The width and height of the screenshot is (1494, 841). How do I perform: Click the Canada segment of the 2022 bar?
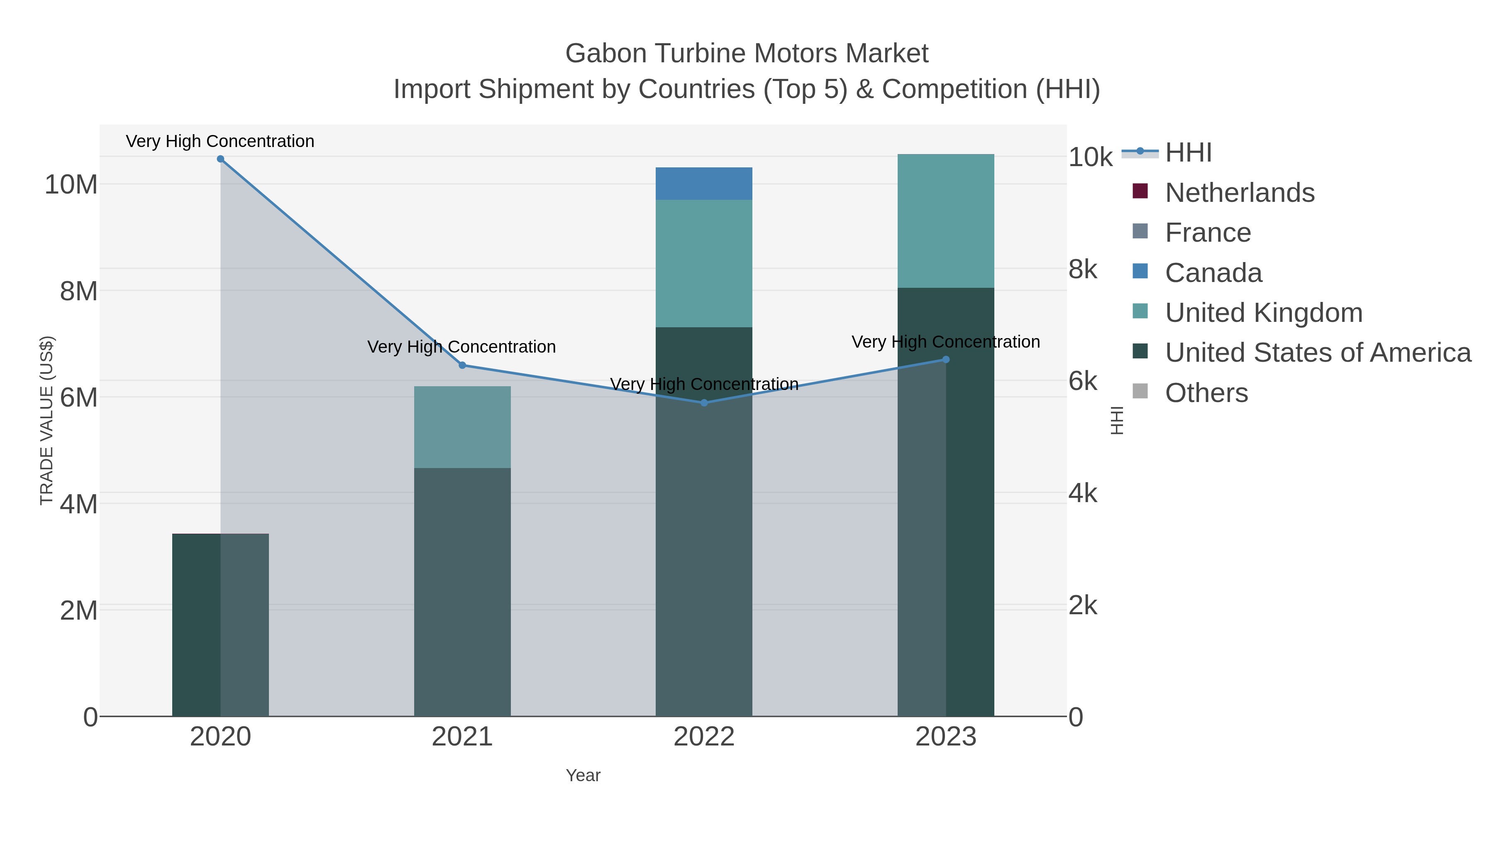pos(703,184)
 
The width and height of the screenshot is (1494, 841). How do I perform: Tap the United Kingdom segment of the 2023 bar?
pos(945,221)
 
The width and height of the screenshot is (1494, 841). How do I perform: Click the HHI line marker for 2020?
pos(220,159)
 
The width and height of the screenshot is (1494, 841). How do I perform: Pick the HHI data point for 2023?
pos(946,360)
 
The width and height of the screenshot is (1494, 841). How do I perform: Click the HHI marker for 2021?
pos(462,365)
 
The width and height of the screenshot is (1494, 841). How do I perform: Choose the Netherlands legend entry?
pos(1239,193)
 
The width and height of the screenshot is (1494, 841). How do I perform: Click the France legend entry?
pos(1208,233)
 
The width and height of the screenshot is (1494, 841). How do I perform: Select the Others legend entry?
pos(1206,393)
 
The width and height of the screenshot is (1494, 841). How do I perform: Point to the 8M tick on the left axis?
pos(78,292)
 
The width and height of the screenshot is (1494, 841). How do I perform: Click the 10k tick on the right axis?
pos(1090,157)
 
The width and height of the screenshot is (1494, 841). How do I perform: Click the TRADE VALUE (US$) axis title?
pos(46,420)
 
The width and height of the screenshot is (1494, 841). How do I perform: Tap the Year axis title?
pos(583,775)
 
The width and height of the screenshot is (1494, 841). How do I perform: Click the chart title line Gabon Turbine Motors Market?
pos(747,54)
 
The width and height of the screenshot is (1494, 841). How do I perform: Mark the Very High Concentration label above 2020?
pos(220,141)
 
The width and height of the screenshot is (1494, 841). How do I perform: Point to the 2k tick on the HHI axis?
pos(1082,606)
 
